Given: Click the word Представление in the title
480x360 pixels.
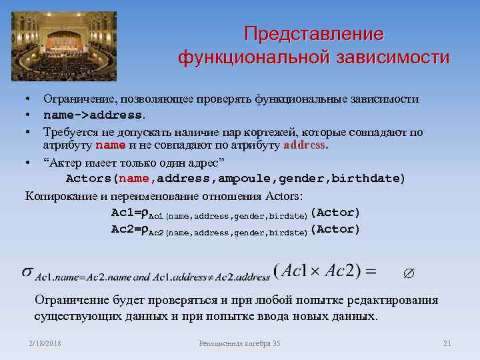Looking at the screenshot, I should [x=313, y=34].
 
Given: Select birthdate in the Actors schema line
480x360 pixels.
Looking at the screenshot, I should [x=371, y=179].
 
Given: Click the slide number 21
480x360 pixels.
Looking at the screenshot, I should [x=447, y=343].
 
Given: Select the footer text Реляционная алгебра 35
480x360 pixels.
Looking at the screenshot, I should [x=240, y=343].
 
